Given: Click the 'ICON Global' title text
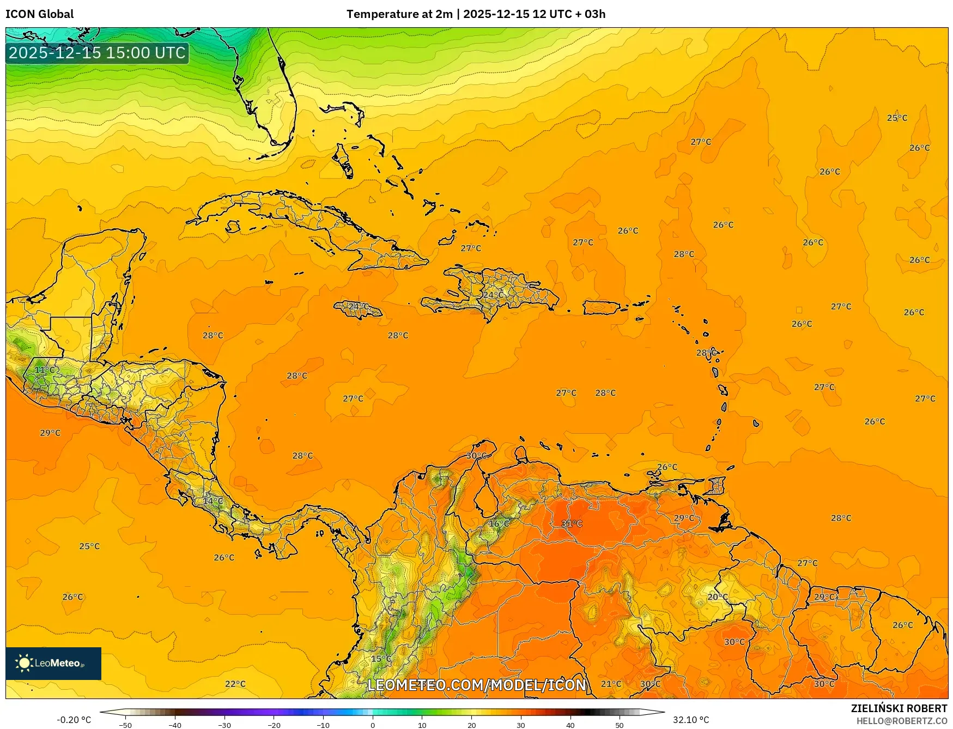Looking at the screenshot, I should click(x=39, y=14).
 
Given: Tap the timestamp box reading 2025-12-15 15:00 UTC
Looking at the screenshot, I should click(x=97, y=53).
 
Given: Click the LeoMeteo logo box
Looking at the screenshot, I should click(x=53, y=663).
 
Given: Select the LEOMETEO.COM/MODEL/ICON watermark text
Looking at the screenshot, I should click(x=477, y=685).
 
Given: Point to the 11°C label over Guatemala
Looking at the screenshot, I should click(x=45, y=370).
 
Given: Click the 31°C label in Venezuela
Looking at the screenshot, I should click(x=572, y=524).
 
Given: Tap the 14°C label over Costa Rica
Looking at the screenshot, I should click(x=213, y=501).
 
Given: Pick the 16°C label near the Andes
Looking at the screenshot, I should click(x=499, y=524).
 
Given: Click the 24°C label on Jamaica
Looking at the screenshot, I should click(x=358, y=307).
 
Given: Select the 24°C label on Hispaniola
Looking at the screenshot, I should click(x=493, y=295).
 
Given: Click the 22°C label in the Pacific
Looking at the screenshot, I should click(x=235, y=684).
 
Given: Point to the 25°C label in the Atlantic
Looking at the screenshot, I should click(x=897, y=118).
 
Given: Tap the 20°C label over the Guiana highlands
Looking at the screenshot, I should click(x=718, y=597).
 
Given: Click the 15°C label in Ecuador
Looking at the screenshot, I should click(x=381, y=659).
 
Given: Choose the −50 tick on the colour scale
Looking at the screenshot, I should click(x=125, y=725).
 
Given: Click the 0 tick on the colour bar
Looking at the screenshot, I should click(x=373, y=725).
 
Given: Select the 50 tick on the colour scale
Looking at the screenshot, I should click(x=620, y=725).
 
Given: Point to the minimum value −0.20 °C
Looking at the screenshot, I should click(x=74, y=720).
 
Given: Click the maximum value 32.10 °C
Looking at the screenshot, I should click(x=691, y=720).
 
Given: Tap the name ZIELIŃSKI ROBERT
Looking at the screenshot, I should click(x=899, y=708).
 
